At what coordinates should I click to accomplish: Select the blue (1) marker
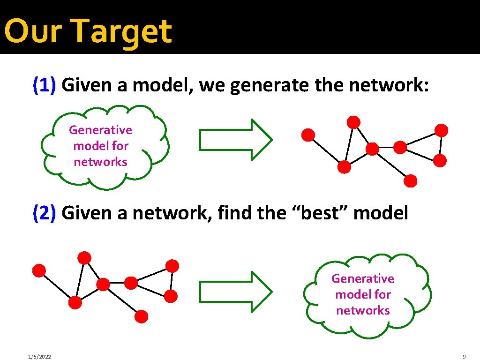pyautogui.click(x=45, y=85)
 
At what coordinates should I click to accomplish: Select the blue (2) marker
pyautogui.click(x=45, y=213)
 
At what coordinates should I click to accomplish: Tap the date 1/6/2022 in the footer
pyautogui.click(x=39, y=357)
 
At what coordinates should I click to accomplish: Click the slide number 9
pyautogui.click(x=464, y=357)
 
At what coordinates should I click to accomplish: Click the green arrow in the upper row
pyautogui.click(x=236, y=140)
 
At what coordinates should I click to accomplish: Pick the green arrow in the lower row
pyautogui.click(x=236, y=292)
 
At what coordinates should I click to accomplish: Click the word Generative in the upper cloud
pyautogui.click(x=100, y=130)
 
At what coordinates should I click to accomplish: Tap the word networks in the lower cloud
pyautogui.click(x=363, y=310)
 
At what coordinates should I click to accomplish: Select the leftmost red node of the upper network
pyautogui.click(x=307, y=135)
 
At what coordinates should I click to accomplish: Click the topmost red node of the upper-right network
pyautogui.click(x=353, y=122)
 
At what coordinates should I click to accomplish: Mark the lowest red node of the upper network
pyautogui.click(x=411, y=180)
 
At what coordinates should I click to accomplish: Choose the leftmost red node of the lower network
pyautogui.click(x=39, y=270)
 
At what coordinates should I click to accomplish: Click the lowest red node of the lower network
pyautogui.click(x=142, y=316)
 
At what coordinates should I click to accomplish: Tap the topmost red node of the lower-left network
pyautogui.click(x=84, y=257)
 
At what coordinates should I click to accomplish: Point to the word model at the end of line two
pyautogui.click(x=380, y=212)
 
